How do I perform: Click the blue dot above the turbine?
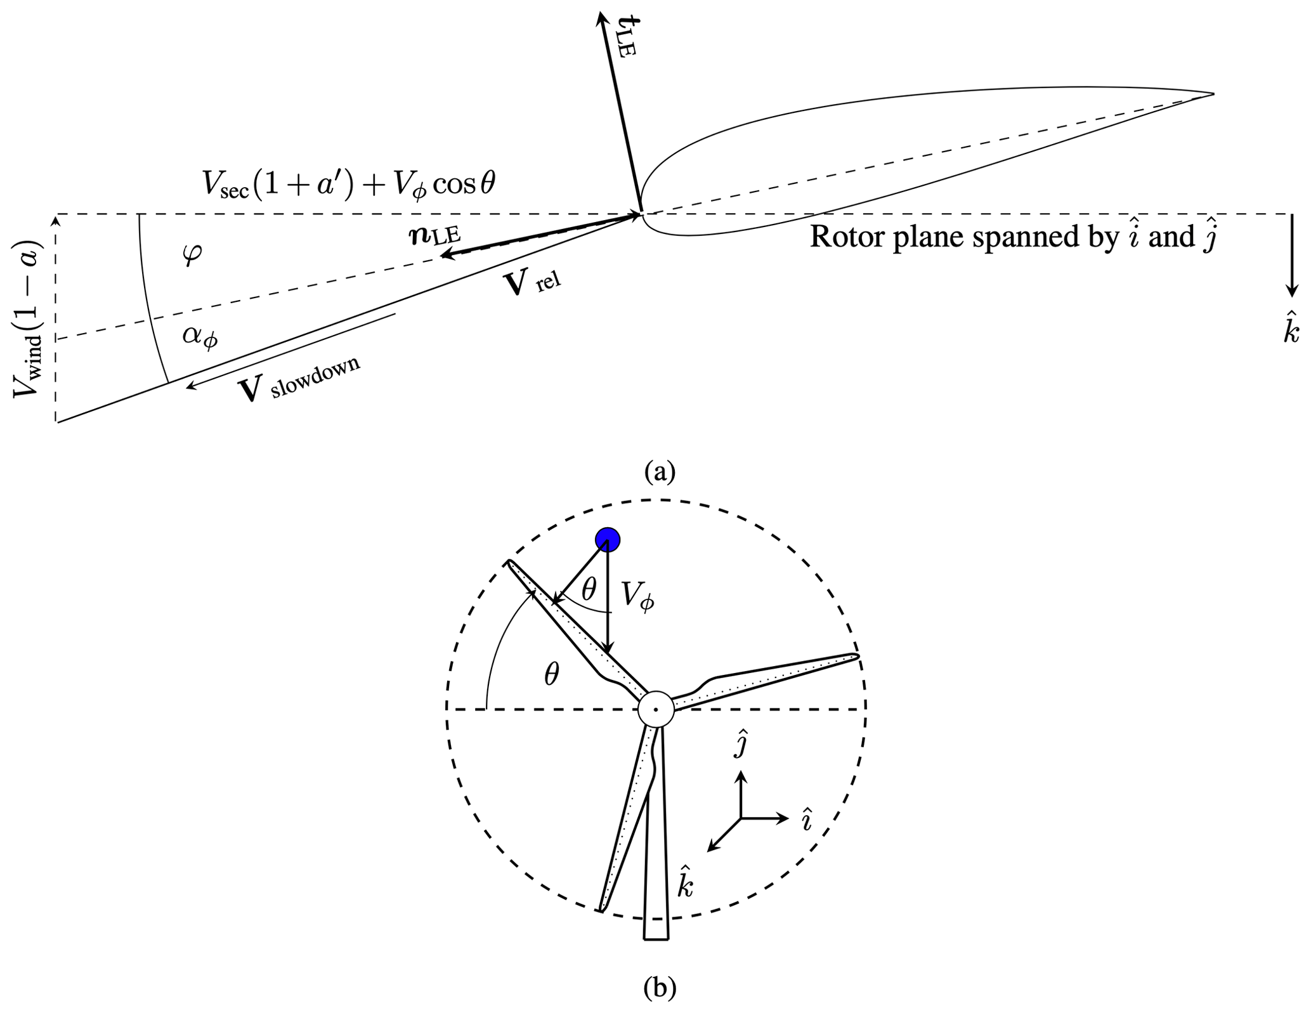click(607, 540)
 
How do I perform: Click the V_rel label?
click(532, 284)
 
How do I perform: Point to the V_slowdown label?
click(299, 379)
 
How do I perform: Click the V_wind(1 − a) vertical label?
click(29, 318)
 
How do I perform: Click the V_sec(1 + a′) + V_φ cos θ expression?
click(348, 183)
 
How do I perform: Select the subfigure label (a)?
click(660, 471)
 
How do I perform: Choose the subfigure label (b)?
click(660, 988)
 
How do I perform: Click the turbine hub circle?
click(655, 709)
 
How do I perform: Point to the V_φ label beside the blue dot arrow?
click(637, 596)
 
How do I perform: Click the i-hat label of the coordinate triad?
click(806, 819)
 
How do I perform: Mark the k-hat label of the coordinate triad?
click(685, 880)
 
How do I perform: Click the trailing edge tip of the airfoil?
click(1212, 95)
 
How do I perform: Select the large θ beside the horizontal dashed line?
click(552, 676)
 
